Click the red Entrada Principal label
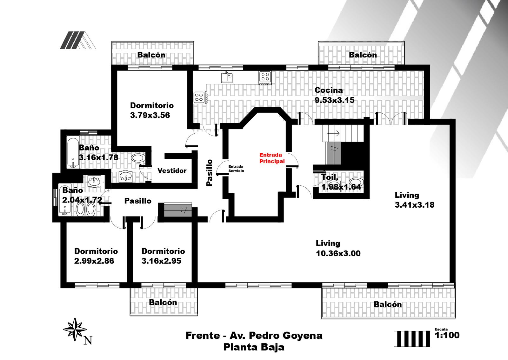pyautogui.click(x=272, y=158)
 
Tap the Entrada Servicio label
pyautogui.click(x=236, y=169)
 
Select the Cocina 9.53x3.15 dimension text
pyautogui.click(x=334, y=95)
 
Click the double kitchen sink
pyautogui.click(x=227, y=77)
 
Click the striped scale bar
pyautogui.click(x=411, y=339)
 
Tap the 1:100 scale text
pyautogui.click(x=447, y=335)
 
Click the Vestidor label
pyautogui.click(x=172, y=170)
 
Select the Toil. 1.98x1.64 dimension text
pyautogui.click(x=341, y=182)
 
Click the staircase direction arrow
pyautogui.click(x=334, y=133)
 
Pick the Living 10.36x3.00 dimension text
pyautogui.click(x=338, y=249)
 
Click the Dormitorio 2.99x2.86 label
pyautogui.click(x=96, y=256)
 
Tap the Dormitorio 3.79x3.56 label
pyautogui.click(x=152, y=110)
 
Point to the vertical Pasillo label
pyautogui.click(x=209, y=173)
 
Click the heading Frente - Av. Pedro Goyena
pyautogui.click(x=254, y=336)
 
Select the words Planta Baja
pyautogui.click(x=254, y=347)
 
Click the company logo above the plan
pyautogui.click(x=78, y=40)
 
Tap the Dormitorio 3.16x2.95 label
pyautogui.click(x=163, y=256)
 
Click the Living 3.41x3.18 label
pyautogui.click(x=415, y=200)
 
